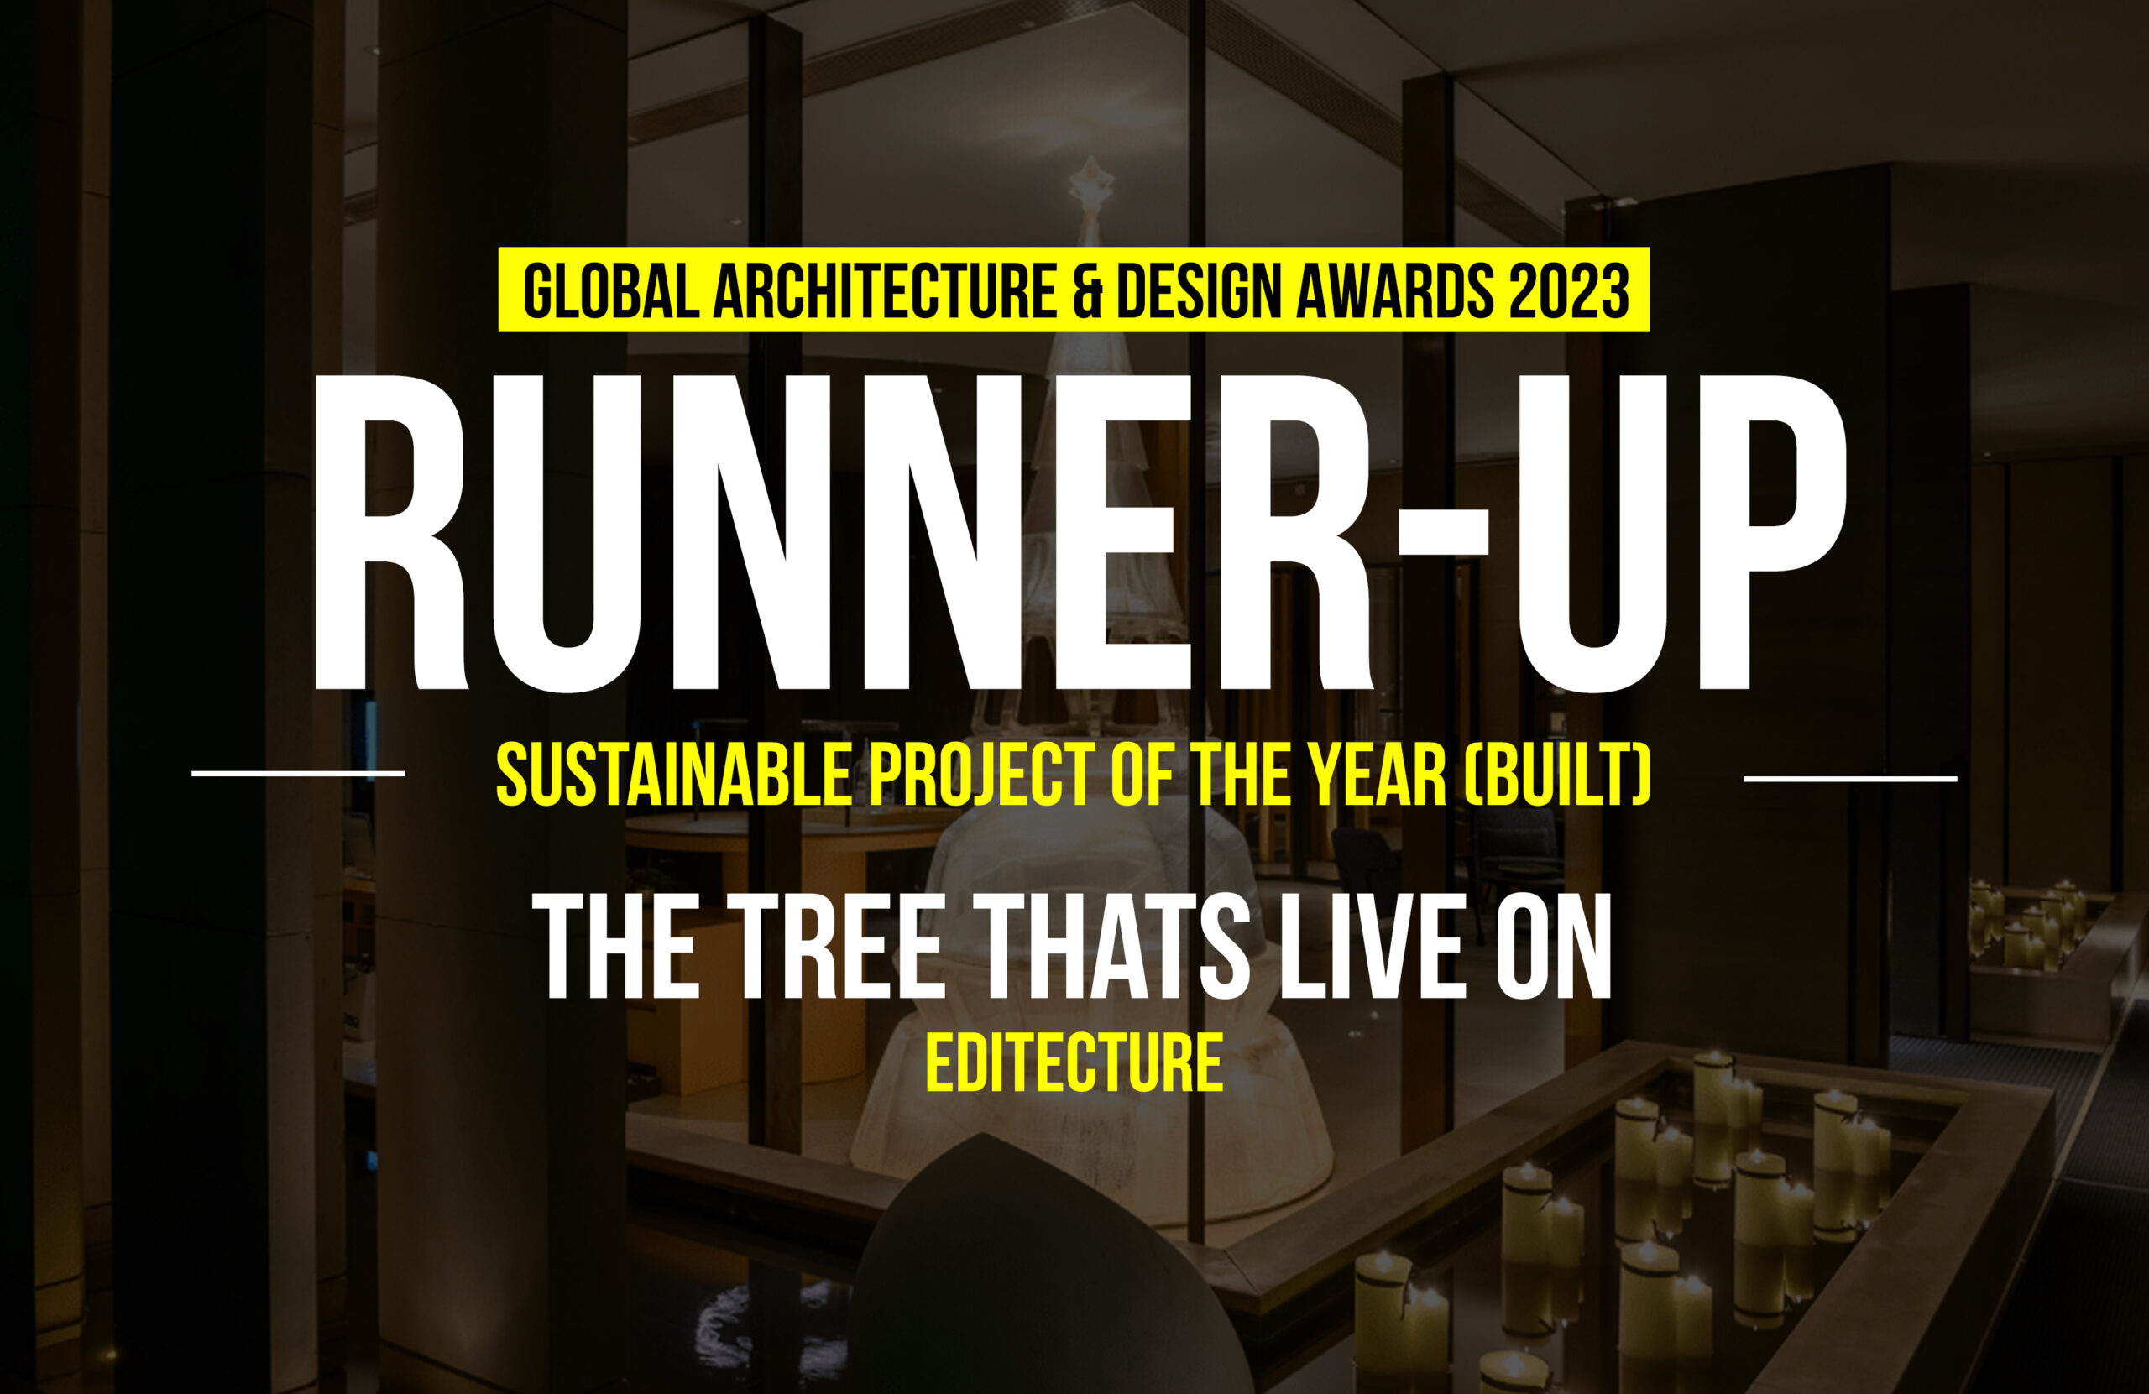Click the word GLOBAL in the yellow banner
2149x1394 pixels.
610,290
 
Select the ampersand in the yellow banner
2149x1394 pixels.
1087,290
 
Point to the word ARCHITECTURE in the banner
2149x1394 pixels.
885,290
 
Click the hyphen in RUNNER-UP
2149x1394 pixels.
1442,531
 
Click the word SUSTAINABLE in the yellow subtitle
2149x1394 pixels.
673,775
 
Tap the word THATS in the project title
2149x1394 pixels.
1111,945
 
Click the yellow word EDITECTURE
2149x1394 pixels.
1074,1062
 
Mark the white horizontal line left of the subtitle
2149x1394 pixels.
298,773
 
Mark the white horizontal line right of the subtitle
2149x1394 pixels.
1850,777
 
